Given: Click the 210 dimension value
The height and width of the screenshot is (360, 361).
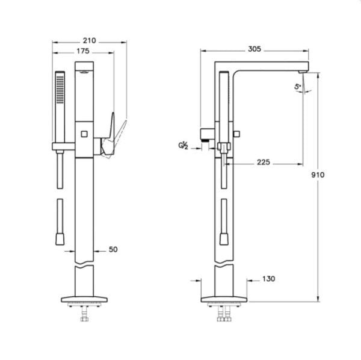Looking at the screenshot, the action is tap(89, 41).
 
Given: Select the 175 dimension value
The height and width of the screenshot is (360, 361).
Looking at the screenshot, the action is tap(83, 51).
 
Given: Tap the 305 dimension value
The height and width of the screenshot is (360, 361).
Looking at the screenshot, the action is tap(255, 49).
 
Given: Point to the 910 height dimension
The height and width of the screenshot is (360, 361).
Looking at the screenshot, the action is tap(318, 175).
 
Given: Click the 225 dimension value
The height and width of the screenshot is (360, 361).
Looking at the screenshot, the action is tap(264, 163).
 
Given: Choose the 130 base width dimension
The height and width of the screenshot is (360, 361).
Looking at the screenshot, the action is tap(269, 279).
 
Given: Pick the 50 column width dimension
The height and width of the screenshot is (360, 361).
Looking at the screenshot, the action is tap(113, 249).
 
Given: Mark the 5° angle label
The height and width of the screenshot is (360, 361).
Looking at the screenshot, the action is tap(298, 87).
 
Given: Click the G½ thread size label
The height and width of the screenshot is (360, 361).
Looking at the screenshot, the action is tap(184, 146).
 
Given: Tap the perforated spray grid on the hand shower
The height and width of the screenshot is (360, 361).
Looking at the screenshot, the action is tap(60, 89).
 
